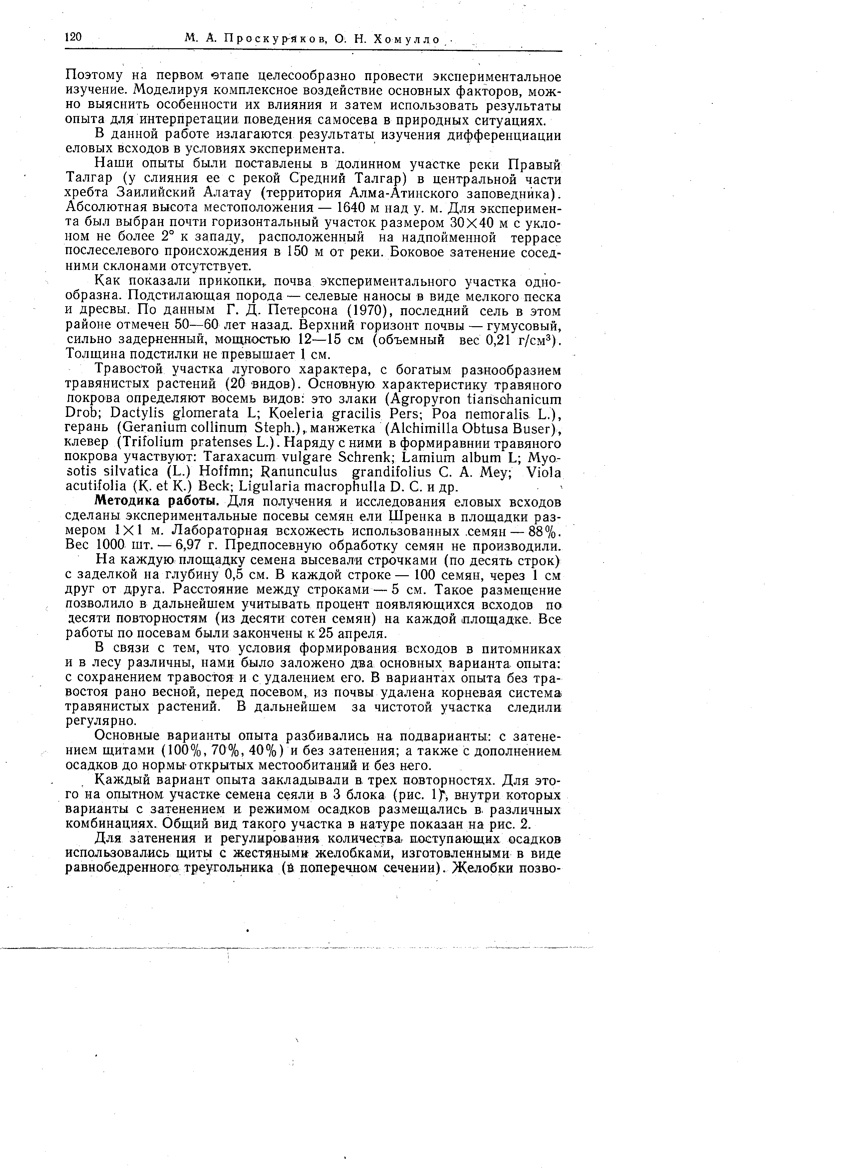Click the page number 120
[x=74, y=37]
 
